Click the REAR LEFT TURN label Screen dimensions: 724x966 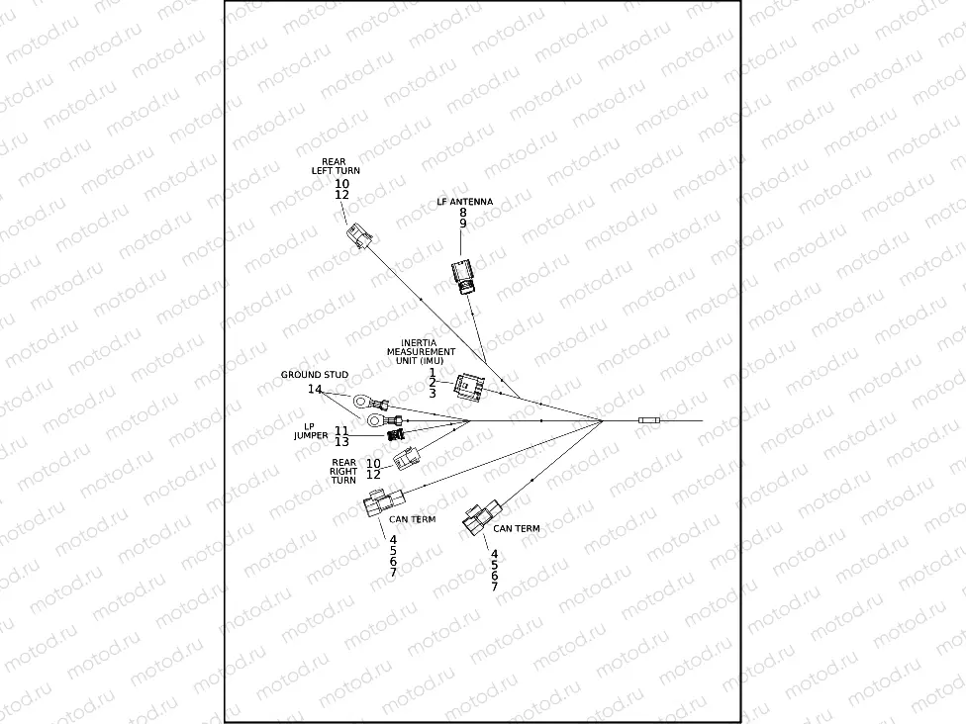(336, 166)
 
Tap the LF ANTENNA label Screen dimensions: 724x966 (464, 202)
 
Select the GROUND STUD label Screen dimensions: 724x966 (314, 375)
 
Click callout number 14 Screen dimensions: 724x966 (314, 390)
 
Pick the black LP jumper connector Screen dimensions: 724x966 (396, 434)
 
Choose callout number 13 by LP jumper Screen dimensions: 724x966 (340, 441)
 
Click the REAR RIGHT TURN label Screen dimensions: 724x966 (343, 471)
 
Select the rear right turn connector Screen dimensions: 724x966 (406, 458)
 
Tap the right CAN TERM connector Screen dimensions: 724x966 (483, 519)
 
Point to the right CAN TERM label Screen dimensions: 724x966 (516, 529)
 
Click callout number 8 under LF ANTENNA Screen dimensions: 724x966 (462, 212)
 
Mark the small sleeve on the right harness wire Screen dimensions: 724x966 (649, 421)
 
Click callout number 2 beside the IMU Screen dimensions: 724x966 (433, 383)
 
